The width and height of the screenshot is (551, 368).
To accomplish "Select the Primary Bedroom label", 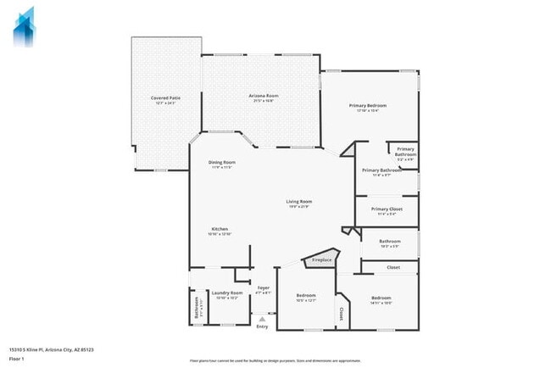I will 368,107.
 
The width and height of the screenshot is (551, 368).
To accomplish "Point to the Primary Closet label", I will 386,210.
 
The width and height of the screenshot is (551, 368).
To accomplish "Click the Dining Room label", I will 222,164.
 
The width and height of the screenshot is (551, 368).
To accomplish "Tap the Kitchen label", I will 220,231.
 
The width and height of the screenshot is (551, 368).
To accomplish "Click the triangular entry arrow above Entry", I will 262,319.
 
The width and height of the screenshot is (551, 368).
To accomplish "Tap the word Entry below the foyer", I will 262,327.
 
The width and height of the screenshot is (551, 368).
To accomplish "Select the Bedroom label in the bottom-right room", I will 381,299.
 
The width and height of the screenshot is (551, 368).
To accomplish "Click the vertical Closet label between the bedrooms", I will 342,315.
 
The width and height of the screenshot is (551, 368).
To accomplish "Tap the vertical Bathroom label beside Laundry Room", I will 197,308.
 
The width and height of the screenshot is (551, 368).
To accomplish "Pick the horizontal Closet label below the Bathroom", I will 393,268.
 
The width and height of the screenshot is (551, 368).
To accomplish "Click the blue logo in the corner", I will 24,27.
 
